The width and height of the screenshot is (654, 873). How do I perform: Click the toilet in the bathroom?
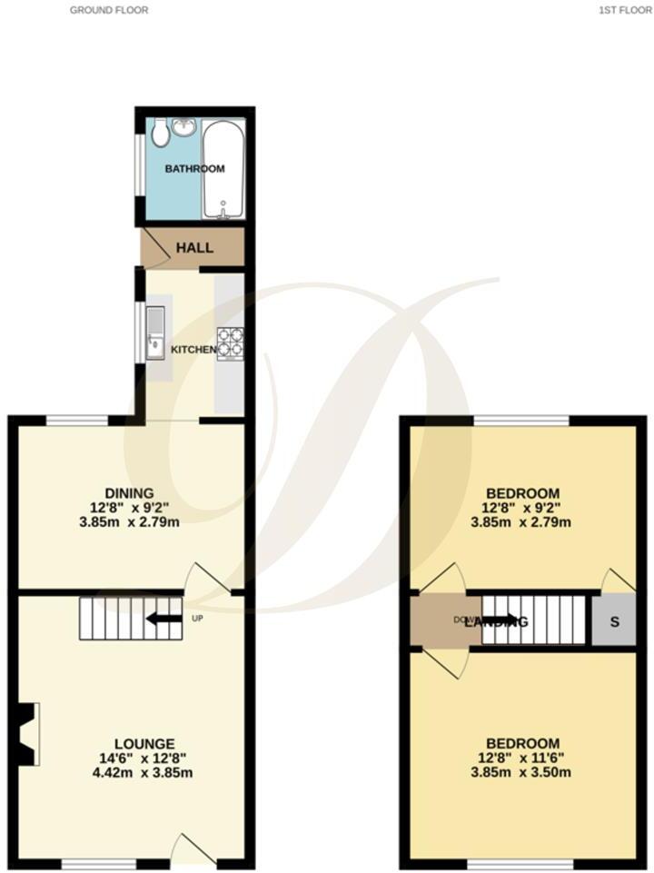[x=160, y=134]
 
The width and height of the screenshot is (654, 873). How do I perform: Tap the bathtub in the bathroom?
[x=223, y=170]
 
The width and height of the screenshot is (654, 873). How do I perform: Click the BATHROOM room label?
[x=194, y=169]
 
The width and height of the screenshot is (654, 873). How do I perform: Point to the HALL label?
[x=194, y=247]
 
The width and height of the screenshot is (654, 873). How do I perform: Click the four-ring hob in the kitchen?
[x=231, y=342]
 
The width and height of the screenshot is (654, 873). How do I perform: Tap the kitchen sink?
[x=155, y=332]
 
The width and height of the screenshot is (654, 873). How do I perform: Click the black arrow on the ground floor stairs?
[x=163, y=619]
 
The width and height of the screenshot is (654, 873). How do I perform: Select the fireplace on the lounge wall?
[x=27, y=734]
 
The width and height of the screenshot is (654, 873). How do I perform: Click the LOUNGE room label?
[x=138, y=743]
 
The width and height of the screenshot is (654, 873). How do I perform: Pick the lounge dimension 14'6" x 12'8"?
[x=138, y=759]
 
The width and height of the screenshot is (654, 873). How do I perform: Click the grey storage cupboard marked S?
[x=613, y=621]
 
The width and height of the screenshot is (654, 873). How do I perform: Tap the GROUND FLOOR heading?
[x=109, y=10]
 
